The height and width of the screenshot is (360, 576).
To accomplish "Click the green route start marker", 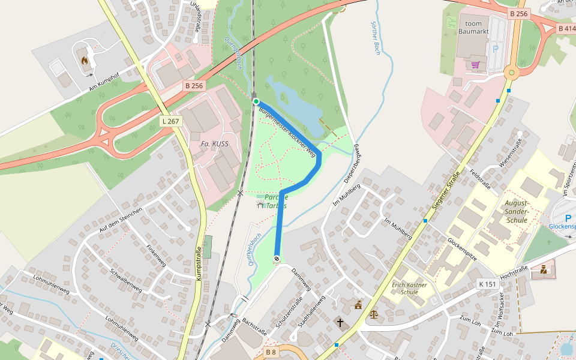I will pyautogui.click(x=256, y=101).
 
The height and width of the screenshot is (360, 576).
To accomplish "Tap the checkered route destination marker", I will pyautogui.click(x=277, y=259).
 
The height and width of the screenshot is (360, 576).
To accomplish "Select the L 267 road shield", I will pyautogui.click(x=170, y=121).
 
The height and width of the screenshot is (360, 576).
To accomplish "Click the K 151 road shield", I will pyautogui.click(x=488, y=283).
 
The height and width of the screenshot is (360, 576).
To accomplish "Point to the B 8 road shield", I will pyautogui.click(x=271, y=352).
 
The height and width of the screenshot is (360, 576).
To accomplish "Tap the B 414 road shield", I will pyautogui.click(x=566, y=28).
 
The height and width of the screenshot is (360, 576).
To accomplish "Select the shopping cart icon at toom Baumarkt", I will pyautogui.click(x=475, y=65).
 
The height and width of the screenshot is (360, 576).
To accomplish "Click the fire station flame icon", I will pyautogui.click(x=85, y=61).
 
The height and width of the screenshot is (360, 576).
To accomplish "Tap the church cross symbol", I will pyautogui.click(x=340, y=323).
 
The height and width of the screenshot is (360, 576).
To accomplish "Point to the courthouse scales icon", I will pyautogui.click(x=374, y=313).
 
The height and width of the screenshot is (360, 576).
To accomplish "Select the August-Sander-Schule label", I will pyautogui.click(x=516, y=211).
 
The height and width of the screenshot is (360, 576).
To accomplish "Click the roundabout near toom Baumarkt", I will pyautogui.click(x=511, y=73).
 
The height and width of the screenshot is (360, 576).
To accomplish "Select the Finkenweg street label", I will pyautogui.click(x=157, y=255).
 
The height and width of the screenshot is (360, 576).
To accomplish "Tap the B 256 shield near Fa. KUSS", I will pyautogui.click(x=194, y=86).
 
